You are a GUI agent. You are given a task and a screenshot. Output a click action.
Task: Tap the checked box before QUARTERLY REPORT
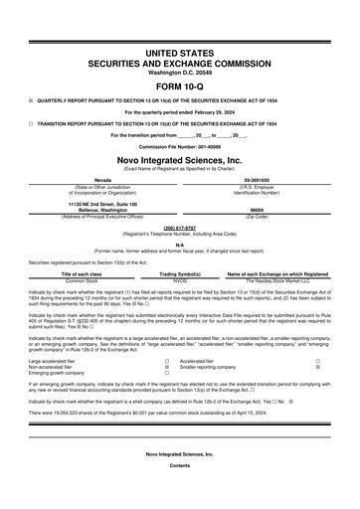[30, 100]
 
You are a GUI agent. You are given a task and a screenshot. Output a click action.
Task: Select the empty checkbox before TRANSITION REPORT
[30, 122]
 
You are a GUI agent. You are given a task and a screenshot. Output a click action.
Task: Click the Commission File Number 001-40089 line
[179, 146]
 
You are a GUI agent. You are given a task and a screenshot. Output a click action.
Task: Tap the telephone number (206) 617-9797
[179, 227]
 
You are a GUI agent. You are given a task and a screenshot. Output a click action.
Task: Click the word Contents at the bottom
[179, 494]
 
